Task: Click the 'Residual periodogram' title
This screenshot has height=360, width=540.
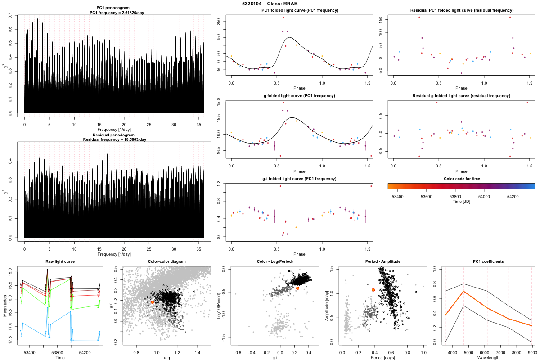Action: (114, 135)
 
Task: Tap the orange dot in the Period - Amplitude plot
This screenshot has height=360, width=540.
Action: (373, 290)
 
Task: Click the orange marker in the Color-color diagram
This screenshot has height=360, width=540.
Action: (153, 302)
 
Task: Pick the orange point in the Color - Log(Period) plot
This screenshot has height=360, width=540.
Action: (297, 288)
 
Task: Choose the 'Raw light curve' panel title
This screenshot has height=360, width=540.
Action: (60, 262)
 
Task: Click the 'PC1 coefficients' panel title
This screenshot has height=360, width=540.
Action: (488, 262)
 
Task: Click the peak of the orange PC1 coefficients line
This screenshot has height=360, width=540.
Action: (463, 291)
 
